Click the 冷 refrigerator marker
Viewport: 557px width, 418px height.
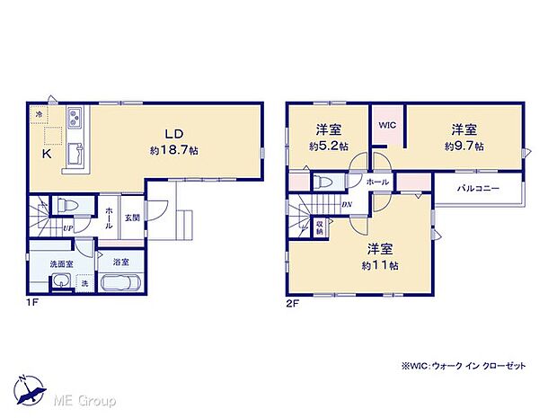pos(39,114)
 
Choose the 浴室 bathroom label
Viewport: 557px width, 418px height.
pos(120,262)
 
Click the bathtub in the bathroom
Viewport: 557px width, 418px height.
pos(120,284)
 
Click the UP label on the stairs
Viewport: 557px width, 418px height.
pos(67,227)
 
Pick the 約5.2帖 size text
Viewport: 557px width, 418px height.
pos(327,146)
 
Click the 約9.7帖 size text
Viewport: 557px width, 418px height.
pos(464,145)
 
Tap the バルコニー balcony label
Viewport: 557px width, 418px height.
pos(477,189)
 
